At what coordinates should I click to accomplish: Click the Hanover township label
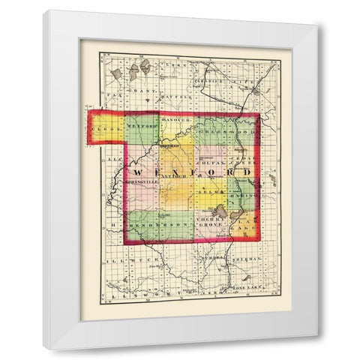pyautogui.click(x=175, y=120)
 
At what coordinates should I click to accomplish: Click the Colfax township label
pyautogui.click(x=212, y=160)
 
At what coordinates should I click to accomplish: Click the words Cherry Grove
pyautogui.click(x=211, y=218)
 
